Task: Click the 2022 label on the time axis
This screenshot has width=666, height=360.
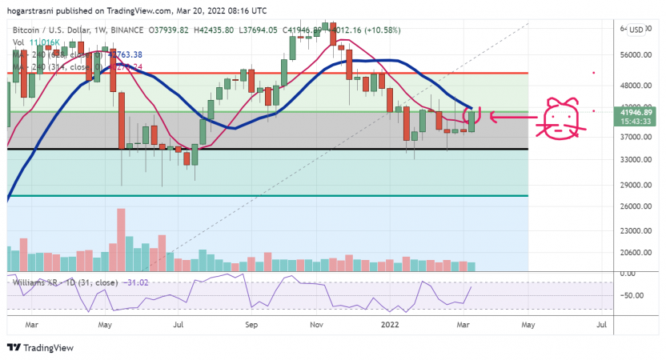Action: coord(390,326)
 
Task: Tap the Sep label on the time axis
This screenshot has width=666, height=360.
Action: coord(251,326)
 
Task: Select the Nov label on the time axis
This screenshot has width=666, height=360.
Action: coord(316,326)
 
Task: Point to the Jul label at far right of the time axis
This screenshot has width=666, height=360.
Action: coord(601,326)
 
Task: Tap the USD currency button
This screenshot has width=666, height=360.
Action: coord(636,30)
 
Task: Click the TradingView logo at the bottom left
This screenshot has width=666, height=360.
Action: coord(40,348)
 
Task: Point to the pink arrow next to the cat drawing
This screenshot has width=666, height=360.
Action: coord(508,118)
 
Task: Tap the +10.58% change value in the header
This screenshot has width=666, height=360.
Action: coord(382,30)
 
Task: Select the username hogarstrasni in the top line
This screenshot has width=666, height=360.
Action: coord(30,11)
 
